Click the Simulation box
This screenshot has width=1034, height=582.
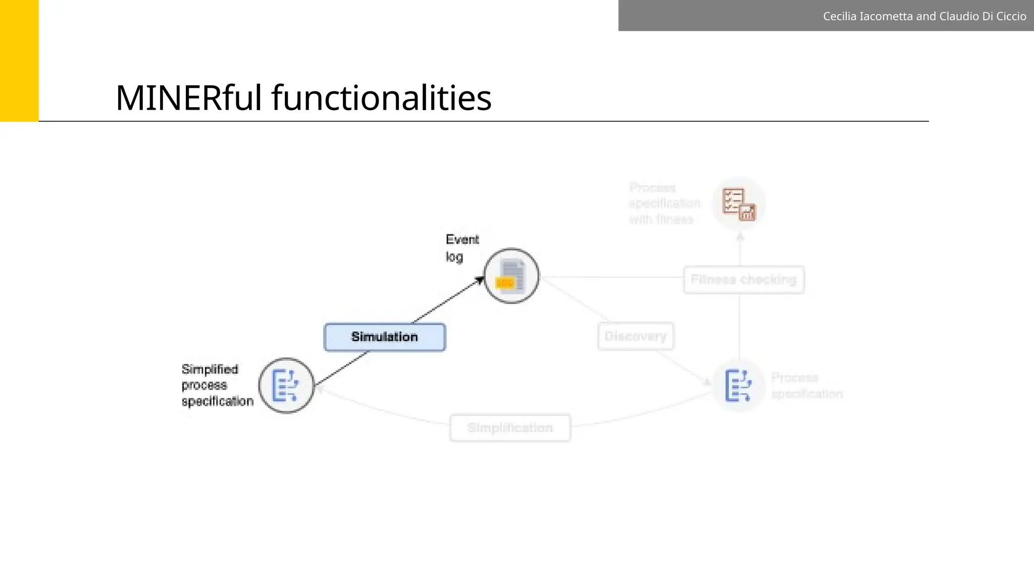(385, 337)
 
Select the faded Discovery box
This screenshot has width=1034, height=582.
(636, 336)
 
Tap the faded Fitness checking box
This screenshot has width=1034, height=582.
(744, 279)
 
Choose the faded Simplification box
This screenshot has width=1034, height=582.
(510, 428)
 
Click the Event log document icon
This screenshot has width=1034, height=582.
(511, 276)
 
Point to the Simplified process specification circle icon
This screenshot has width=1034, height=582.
(286, 385)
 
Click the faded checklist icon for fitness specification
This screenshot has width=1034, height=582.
(739, 204)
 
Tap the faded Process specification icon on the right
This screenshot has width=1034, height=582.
(739, 385)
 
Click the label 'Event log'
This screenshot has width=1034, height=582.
(461, 248)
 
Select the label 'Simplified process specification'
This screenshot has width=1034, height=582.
(217, 385)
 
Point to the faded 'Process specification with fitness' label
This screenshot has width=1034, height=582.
(664, 204)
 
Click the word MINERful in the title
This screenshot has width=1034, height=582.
(189, 98)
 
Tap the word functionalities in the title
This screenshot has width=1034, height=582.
(381, 98)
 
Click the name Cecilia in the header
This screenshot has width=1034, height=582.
(840, 16)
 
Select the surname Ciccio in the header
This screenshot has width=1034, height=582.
(1010, 16)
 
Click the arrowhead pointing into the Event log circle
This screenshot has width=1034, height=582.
(479, 280)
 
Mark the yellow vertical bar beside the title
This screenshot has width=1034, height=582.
(19, 61)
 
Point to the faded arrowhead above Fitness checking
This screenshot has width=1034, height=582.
(740, 236)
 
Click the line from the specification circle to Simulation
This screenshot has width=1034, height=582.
(341, 368)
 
